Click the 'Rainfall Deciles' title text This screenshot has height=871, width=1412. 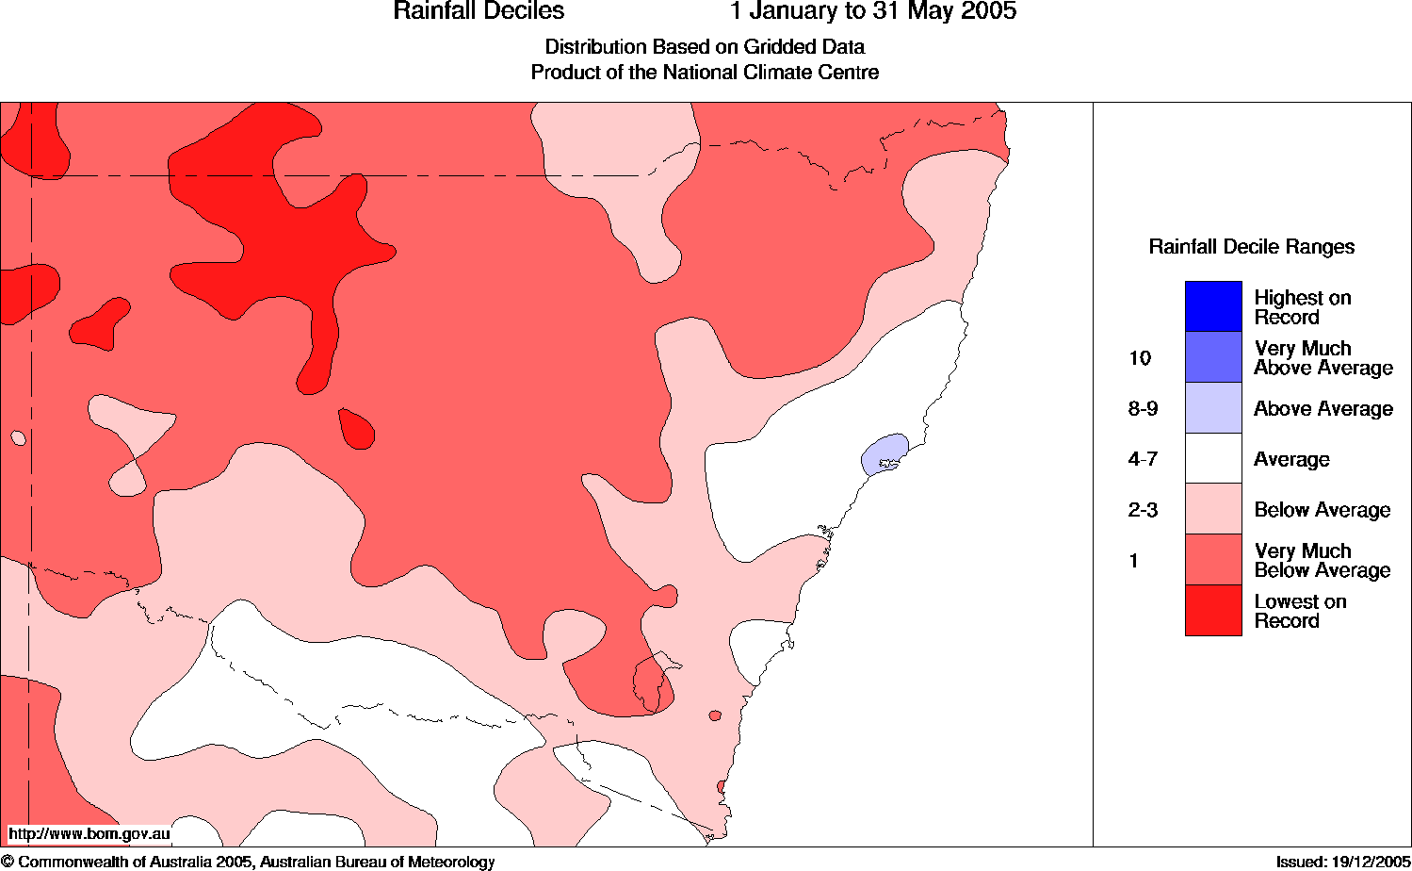coord(479,12)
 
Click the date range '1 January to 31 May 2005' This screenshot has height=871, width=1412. coord(873,12)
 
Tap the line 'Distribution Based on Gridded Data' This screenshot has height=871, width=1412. coord(705,47)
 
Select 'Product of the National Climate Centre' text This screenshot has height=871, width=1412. coord(705,73)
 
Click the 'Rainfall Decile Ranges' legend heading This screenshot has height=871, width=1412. coord(1251,247)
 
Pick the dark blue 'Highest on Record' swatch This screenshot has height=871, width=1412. coord(1213,306)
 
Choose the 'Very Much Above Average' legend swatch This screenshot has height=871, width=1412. coord(1213,357)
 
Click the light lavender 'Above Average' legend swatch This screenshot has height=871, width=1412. coord(1213,408)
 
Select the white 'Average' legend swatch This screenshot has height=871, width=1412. coord(1213,459)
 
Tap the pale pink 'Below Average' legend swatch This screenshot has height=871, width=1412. coord(1213,510)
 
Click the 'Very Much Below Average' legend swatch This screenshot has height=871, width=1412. coord(1213,561)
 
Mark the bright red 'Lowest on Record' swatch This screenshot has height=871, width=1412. coord(1213,611)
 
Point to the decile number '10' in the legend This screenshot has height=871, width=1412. coord(1140,358)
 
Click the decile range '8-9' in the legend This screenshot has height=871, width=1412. coord(1143,409)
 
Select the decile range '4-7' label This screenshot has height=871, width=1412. coord(1143,460)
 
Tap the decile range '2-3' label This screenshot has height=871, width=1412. coord(1143,511)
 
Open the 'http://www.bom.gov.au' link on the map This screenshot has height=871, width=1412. coord(89,833)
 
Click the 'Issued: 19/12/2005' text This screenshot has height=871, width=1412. coord(1342,862)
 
